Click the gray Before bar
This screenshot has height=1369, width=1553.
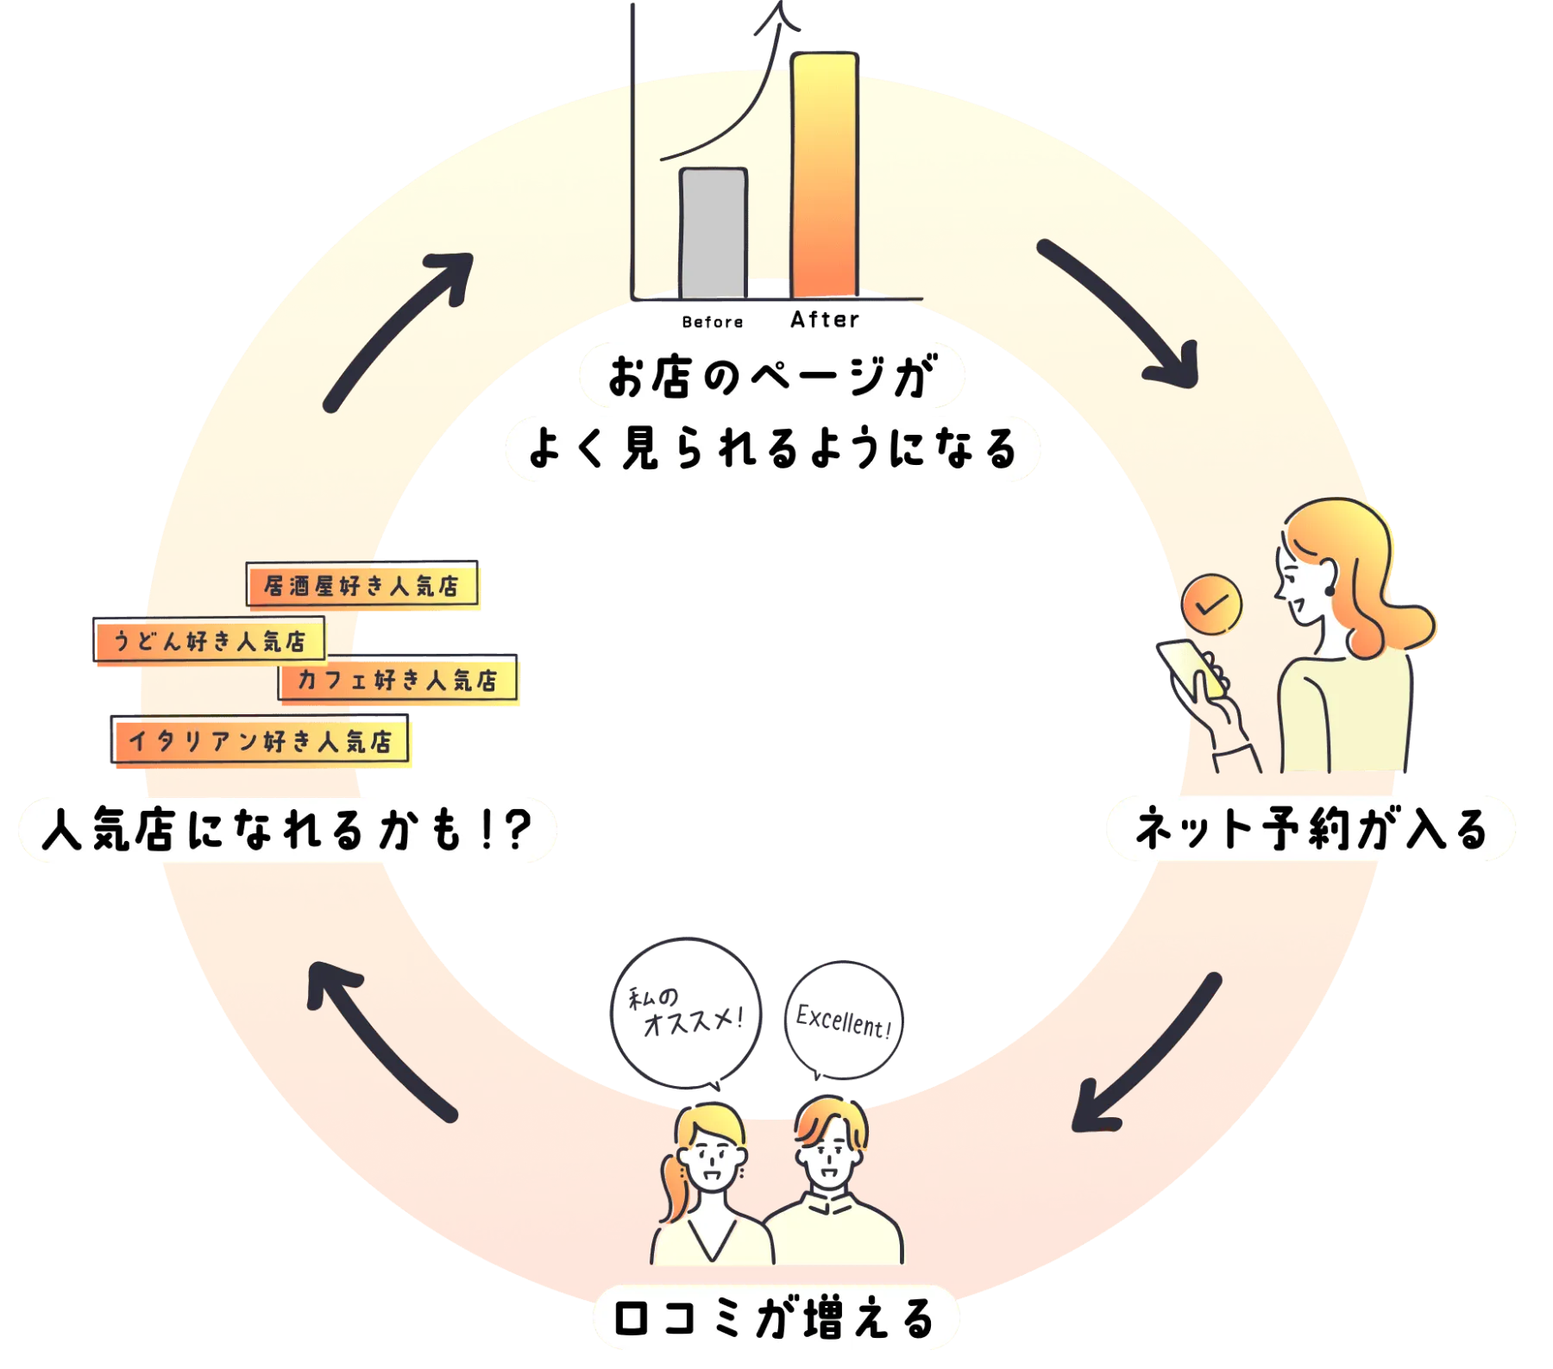tap(713, 233)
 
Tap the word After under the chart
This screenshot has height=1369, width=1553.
tap(825, 320)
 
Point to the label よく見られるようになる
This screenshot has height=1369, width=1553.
tap(772, 448)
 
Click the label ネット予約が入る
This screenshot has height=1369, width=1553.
tap(1311, 829)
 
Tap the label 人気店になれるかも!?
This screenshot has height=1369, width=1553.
tap(286, 831)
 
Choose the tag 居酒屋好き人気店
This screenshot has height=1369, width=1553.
tap(362, 587)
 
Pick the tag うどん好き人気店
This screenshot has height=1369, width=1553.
tap(209, 641)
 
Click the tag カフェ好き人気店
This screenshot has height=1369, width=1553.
tap(398, 680)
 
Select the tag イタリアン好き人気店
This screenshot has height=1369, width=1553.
tap(260, 741)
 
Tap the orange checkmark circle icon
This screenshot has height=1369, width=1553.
tap(1211, 606)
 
